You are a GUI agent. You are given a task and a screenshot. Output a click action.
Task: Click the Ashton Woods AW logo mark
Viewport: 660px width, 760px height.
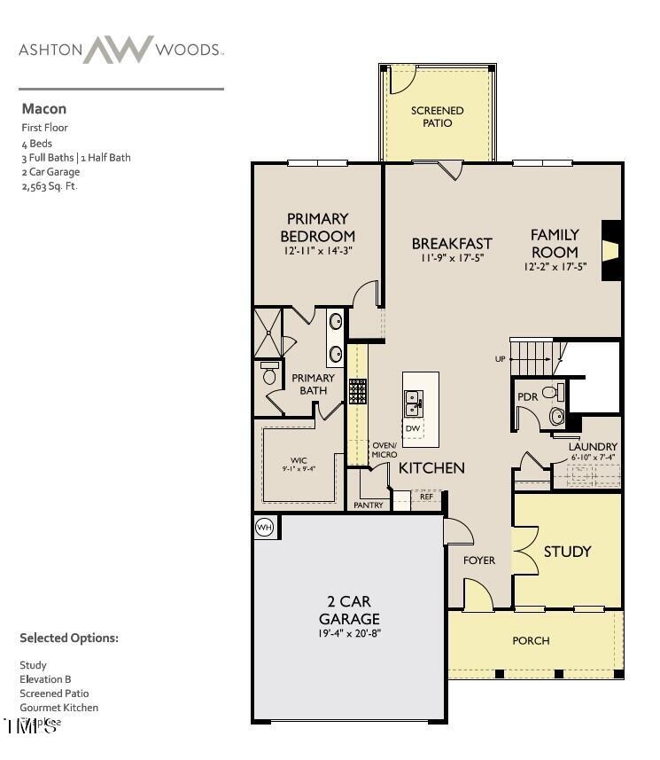point(119,50)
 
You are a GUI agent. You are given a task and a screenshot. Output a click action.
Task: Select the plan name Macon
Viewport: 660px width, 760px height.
point(43,109)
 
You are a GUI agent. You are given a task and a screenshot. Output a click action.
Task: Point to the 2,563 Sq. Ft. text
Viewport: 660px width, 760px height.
point(50,186)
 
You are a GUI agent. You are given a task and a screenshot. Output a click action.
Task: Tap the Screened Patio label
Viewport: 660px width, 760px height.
point(437,116)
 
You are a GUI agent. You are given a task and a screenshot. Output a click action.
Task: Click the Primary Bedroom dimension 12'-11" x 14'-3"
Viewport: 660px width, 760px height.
point(317,252)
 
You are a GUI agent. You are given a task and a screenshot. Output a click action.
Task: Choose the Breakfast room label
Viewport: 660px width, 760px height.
point(452,243)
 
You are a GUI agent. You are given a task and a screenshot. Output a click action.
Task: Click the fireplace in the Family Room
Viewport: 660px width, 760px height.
point(610,252)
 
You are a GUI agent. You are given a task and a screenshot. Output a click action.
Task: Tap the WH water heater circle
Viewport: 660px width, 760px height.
point(264,528)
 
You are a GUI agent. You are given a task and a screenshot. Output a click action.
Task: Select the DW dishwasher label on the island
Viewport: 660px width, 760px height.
point(413,429)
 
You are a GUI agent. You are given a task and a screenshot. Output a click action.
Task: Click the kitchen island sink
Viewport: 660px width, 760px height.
point(413,404)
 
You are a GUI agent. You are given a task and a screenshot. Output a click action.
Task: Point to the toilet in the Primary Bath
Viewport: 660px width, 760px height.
point(269,373)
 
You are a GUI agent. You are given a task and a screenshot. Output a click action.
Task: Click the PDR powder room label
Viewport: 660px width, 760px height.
point(527,397)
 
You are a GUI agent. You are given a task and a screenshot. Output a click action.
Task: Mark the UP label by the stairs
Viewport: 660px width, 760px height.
point(501,359)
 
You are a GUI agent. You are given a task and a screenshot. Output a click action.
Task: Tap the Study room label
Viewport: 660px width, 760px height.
point(567,552)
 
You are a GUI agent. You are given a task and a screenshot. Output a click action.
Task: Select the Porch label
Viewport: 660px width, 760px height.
point(531,640)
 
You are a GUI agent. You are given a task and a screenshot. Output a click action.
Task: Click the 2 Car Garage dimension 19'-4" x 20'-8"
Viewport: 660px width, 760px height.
point(349,634)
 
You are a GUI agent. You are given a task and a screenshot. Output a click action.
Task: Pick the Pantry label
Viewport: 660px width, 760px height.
point(369,505)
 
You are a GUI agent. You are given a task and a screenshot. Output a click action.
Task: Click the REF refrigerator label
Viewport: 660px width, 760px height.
point(426,498)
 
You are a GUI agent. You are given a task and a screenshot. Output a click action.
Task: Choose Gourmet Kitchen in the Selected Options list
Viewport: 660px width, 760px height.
point(58,708)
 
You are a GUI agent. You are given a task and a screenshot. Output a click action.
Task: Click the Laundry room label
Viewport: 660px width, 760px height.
point(594,446)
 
